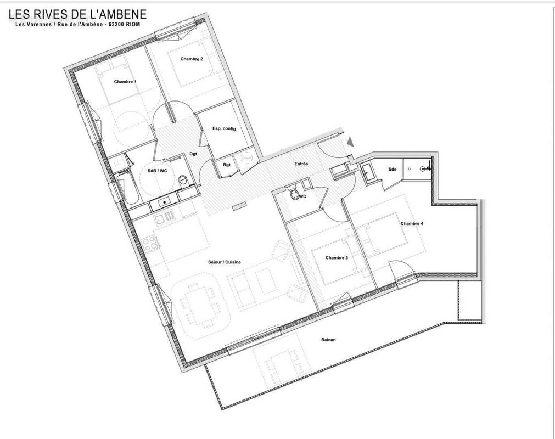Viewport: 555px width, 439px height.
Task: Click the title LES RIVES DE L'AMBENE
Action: pos(77,13)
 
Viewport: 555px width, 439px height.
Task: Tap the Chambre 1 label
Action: pos(125,82)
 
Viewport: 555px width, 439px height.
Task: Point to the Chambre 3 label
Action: pos(337,258)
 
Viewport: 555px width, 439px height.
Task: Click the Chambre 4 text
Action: pos(412,223)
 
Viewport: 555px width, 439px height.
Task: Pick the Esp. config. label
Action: pos(224,128)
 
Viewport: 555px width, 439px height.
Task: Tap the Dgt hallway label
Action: pos(193,154)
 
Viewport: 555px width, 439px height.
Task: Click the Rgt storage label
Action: pos(226,164)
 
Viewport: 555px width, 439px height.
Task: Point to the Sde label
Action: pos(393,169)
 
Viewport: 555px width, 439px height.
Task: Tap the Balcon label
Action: pos(328,340)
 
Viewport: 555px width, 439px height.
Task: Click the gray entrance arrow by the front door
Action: pos(351,142)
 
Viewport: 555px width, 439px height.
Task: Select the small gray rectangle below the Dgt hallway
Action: pos(239,207)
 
